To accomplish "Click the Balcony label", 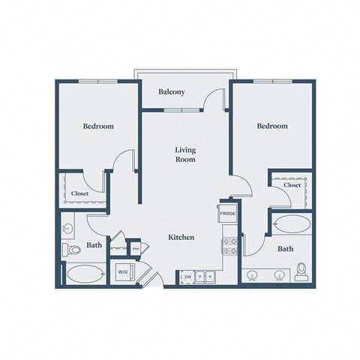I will coord(172,92).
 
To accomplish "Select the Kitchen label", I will coord(181,237).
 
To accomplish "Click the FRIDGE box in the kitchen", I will coord(229,213).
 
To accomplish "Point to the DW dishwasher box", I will coord(187,277).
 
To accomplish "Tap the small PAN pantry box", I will coord(136,248).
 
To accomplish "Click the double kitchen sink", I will coord(205,277).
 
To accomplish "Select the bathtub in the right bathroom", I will coord(292,223).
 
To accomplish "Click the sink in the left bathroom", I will coord(69,228).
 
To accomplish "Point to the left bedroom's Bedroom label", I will coord(98,126).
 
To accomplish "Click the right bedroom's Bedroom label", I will coord(271,126).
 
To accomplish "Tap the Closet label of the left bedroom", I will coord(79,193).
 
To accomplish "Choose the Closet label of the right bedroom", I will coord(292,184).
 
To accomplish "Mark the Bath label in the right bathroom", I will coord(285,248).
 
